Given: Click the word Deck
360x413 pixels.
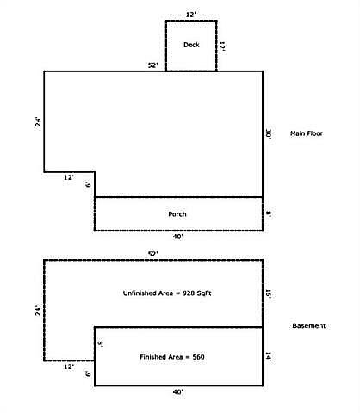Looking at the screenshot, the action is pyautogui.click(x=191, y=45).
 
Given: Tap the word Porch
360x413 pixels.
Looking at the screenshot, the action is pyautogui.click(x=177, y=214).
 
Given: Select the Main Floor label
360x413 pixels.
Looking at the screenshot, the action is pyautogui.click(x=307, y=133).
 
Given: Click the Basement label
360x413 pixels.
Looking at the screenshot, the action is pyautogui.click(x=309, y=325).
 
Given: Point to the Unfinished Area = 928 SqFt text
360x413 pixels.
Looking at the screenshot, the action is pyautogui.click(x=167, y=293).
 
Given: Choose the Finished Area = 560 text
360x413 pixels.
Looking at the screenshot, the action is pyautogui.click(x=172, y=357).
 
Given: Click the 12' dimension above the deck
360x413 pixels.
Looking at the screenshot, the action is pyautogui.click(x=190, y=15).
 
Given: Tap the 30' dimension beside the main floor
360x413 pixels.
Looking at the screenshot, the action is pyautogui.click(x=269, y=134).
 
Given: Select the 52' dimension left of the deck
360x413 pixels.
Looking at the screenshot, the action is pyautogui.click(x=153, y=65).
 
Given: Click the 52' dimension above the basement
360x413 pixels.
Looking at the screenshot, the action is pyautogui.click(x=153, y=254).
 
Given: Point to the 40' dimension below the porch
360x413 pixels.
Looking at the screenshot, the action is pyautogui.click(x=178, y=237).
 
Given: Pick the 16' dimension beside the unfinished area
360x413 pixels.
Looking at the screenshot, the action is pyautogui.click(x=269, y=293).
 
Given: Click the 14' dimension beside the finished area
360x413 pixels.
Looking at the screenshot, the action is pyautogui.click(x=269, y=357).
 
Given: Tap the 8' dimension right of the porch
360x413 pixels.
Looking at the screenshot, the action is pyautogui.click(x=269, y=214).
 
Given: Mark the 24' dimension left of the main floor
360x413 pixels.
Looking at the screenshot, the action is pyautogui.click(x=38, y=122).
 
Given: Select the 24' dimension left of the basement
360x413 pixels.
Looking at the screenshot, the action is pyautogui.click(x=38, y=311).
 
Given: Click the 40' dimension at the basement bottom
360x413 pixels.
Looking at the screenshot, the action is pyautogui.click(x=178, y=391).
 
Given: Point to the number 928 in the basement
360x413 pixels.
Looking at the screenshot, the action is pyautogui.click(x=189, y=293).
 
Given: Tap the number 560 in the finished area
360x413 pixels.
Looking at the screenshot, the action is pyautogui.click(x=198, y=357).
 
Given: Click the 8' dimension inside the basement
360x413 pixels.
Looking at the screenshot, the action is pyautogui.click(x=100, y=343).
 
